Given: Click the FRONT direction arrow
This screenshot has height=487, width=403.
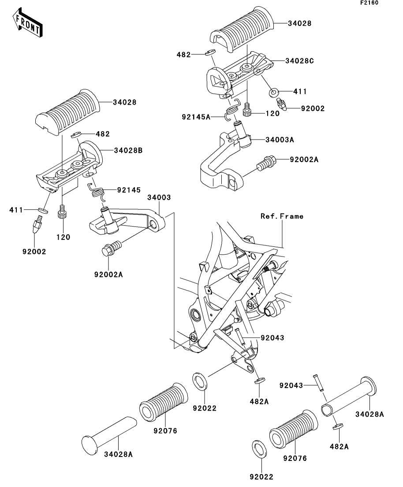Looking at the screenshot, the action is pyautogui.click(x=28, y=23).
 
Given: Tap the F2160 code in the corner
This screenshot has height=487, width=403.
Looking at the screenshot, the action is pyautogui.click(x=369, y=3).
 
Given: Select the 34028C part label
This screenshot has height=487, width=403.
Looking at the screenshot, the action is pyautogui.click(x=299, y=61).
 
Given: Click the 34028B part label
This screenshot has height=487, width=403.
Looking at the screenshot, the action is pyautogui.click(x=128, y=151).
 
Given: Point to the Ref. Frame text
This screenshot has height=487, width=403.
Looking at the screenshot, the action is pyautogui.click(x=282, y=216).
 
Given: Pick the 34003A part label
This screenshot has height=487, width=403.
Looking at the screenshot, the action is pyautogui.click(x=280, y=140).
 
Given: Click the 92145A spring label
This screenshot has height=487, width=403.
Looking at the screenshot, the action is pyautogui.click(x=196, y=117).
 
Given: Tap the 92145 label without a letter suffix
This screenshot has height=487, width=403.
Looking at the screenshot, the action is pyautogui.click(x=129, y=190).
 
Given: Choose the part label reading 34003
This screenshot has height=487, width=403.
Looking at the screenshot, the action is pyautogui.click(x=159, y=197).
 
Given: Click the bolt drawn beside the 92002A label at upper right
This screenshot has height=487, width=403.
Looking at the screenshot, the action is pyautogui.click(x=265, y=163).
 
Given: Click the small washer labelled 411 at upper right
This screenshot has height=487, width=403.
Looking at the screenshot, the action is pyautogui.click(x=273, y=92).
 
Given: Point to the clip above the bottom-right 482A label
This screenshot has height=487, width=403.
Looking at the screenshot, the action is pyautogui.click(x=338, y=427).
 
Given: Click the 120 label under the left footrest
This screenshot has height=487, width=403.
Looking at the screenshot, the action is pyautogui.click(x=63, y=237).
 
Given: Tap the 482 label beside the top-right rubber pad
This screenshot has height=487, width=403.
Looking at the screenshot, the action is pyautogui.click(x=183, y=55).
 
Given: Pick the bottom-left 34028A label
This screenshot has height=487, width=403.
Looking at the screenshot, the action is pyautogui.click(x=118, y=454).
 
